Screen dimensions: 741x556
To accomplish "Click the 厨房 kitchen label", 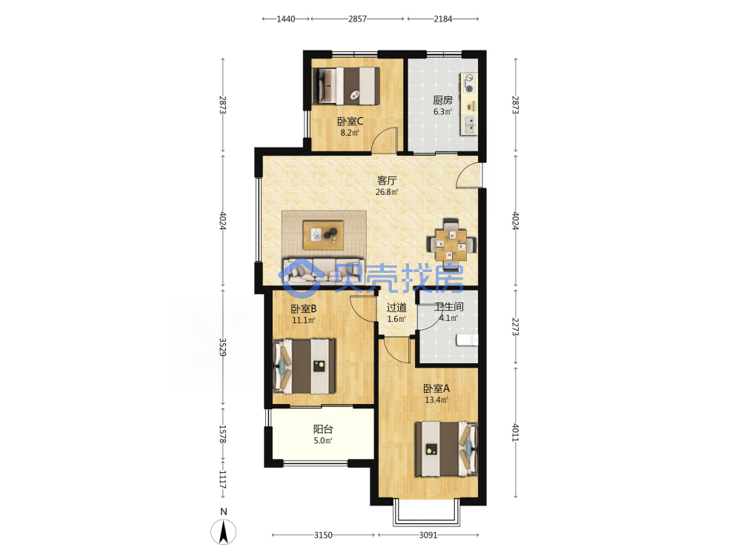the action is [x=443, y=100].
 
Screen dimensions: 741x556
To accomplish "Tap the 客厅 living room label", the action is [x=387, y=181].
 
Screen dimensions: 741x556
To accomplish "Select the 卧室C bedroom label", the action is [x=350, y=122].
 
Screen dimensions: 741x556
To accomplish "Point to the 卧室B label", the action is [x=303, y=308].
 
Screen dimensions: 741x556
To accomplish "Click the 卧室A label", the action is [x=436, y=388].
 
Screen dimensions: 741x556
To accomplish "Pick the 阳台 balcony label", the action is [x=323, y=429].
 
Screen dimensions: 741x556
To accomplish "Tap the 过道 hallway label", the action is [x=396, y=308].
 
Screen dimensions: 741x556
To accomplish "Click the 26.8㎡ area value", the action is [x=387, y=192].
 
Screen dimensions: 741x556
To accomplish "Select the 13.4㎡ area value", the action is [x=436, y=400].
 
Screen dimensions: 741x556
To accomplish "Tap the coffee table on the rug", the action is [x=323, y=235].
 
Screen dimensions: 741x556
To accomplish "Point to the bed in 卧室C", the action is [x=346, y=85].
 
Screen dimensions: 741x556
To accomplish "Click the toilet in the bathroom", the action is [x=467, y=340].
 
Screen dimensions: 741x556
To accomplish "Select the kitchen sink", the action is [x=469, y=125].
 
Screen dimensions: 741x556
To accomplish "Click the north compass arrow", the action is [x=224, y=531].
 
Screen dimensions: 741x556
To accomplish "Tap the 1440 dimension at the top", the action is [x=286, y=19].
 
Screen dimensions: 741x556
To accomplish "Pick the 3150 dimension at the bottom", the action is [x=323, y=535].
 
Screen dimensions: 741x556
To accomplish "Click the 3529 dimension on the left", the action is [x=222, y=348].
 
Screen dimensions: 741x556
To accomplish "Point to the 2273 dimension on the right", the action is [x=516, y=326].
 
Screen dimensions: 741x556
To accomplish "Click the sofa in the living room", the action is [x=324, y=271].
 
